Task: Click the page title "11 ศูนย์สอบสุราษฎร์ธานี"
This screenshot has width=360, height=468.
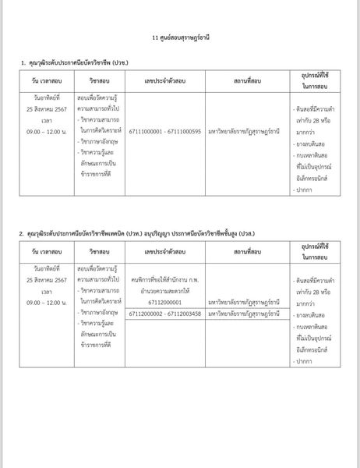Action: [x=179, y=37]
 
